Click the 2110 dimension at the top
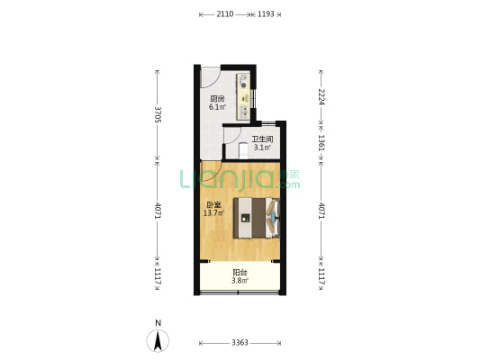[225, 14]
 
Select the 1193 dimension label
[266, 14]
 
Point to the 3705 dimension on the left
[158, 114]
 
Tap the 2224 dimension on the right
[321, 97]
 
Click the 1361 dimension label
[321, 142]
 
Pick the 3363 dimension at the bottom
[240, 343]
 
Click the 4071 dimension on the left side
[158, 211]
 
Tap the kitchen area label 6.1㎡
[217, 107]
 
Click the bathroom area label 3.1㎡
[262, 148]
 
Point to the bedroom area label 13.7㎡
[213, 213]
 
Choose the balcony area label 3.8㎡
[240, 281]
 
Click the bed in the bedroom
[257, 218]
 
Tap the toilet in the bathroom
[243, 151]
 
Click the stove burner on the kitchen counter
[244, 85]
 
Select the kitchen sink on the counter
[244, 112]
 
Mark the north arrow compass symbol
[158, 341]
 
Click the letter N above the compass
[158, 323]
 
